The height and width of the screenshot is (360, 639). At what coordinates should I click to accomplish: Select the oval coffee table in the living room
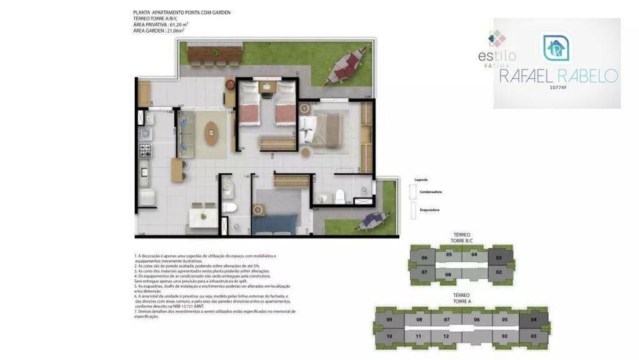210,135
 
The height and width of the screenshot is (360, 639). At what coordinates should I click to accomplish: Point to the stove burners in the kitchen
145,152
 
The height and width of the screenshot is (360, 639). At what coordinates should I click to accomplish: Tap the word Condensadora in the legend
431,192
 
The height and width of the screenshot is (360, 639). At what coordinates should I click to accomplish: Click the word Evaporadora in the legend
430,210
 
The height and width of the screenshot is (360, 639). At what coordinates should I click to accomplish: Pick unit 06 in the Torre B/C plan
424,258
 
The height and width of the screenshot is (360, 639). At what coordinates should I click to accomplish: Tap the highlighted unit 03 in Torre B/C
499,258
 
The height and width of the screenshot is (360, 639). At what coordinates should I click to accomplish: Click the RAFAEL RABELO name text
558,77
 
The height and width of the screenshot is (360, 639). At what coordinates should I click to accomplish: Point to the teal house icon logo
557,48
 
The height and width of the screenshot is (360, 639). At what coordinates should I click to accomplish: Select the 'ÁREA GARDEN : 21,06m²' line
158,30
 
